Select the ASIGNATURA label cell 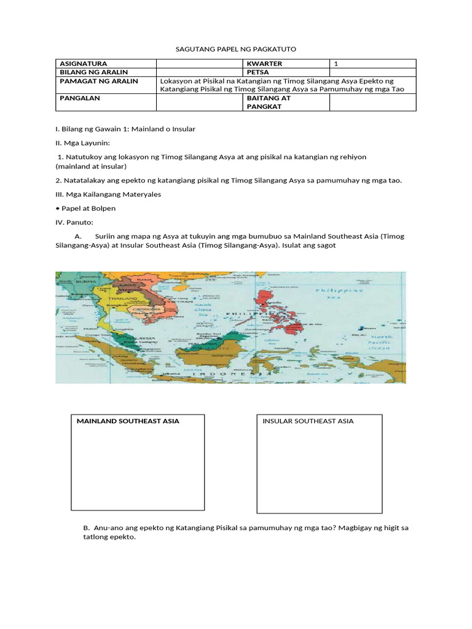click(84, 64)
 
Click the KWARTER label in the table click(264, 64)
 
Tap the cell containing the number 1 click(336, 64)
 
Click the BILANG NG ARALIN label click(93, 72)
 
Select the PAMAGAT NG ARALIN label click(99, 81)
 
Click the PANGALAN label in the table click(80, 98)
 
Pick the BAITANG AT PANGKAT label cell click(269, 102)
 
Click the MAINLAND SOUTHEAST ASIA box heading click(128, 421)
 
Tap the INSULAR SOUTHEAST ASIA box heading click(308, 421)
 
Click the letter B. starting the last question click(86, 528)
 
